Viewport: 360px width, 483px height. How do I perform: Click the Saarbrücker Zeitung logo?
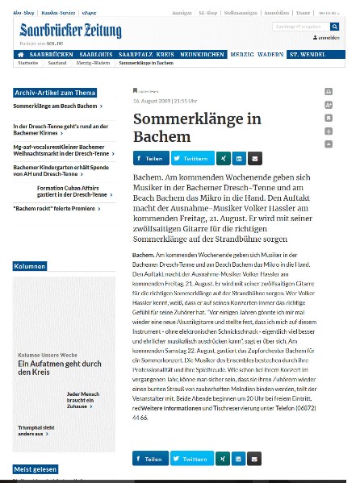coord(71,31)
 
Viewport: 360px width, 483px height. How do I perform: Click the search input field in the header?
coord(301,27)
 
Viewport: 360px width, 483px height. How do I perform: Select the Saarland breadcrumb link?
coord(58,62)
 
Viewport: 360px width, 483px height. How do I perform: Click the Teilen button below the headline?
coord(150,158)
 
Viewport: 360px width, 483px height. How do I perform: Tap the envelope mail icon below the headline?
coord(255,158)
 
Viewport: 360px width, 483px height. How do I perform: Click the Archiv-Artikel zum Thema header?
coord(55,93)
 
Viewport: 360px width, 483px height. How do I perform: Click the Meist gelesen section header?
coord(36,469)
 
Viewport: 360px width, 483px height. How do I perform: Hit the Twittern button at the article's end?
coord(192,459)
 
